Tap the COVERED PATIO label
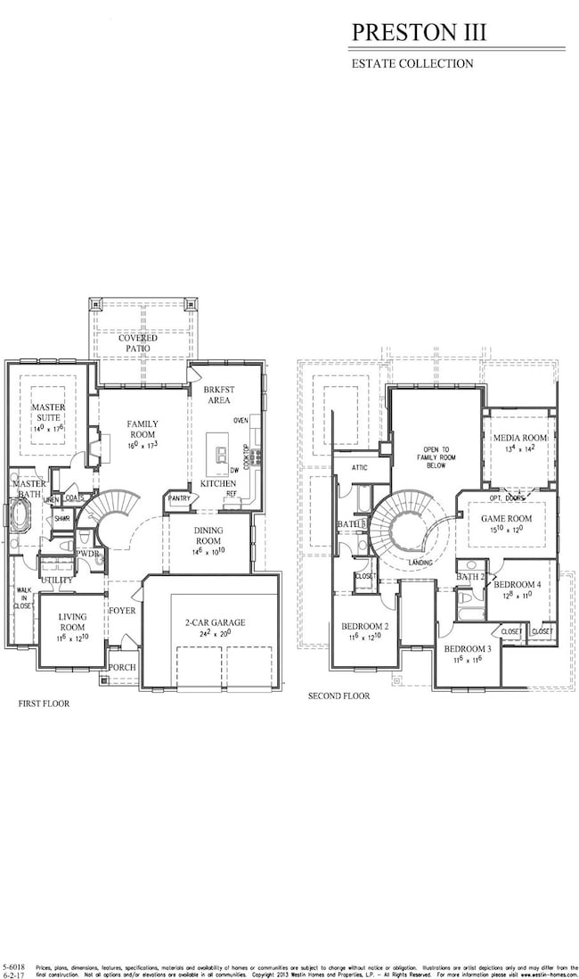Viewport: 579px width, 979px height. click(138, 343)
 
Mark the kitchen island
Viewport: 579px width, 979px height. click(217, 454)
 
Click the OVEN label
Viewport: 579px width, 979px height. click(241, 420)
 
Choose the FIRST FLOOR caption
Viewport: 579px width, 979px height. click(44, 703)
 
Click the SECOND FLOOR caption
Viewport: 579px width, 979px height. click(338, 695)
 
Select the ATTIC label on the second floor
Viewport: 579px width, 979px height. click(359, 467)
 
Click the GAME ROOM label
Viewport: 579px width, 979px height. click(506, 518)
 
